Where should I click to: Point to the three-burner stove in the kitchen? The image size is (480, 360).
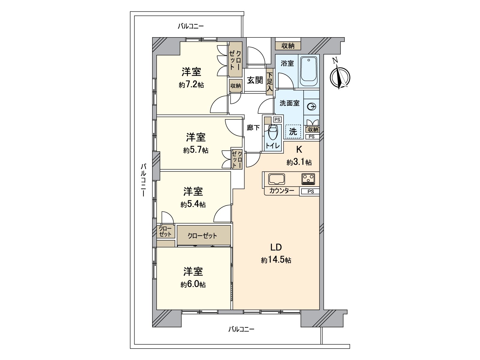(308, 179)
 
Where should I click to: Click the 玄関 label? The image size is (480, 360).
(255, 80)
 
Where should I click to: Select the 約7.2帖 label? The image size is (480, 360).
(191, 85)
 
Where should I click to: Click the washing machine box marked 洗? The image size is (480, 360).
(293, 131)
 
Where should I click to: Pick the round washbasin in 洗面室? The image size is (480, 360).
(312, 106)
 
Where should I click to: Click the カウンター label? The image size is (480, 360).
(281, 191)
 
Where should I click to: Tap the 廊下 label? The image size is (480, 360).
(253, 128)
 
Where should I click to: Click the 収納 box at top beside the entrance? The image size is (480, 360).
(288, 46)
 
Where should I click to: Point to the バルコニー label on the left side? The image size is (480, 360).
(144, 179)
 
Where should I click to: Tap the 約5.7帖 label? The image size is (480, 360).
(196, 150)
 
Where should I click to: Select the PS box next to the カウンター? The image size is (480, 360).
(310, 191)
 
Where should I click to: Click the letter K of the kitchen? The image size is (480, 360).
(299, 149)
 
